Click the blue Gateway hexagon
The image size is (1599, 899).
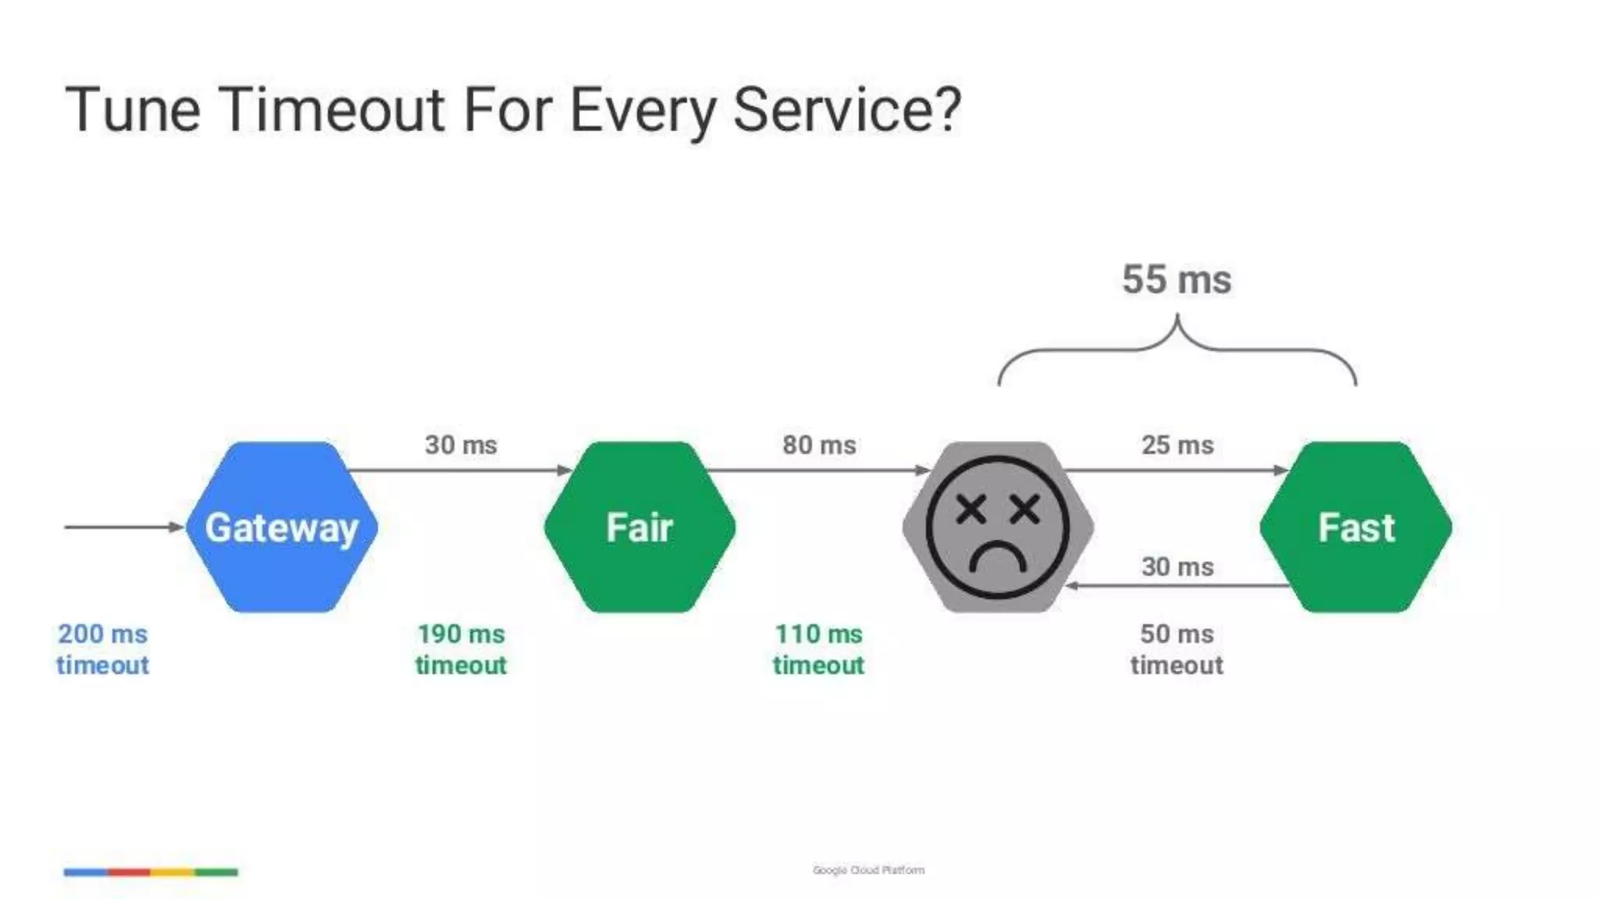click(x=281, y=528)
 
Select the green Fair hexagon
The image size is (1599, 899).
click(x=639, y=528)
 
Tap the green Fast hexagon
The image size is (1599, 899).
click(x=1355, y=528)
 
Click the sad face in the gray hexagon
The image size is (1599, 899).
click(x=997, y=528)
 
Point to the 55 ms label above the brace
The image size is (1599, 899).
click(x=1177, y=279)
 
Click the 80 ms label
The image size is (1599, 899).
click(x=819, y=445)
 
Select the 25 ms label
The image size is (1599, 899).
click(x=1177, y=445)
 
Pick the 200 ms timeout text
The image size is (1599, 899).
click(x=102, y=649)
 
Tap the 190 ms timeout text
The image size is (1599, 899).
click(x=461, y=649)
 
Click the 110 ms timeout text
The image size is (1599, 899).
click(x=818, y=649)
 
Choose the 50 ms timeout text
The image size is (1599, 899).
click(x=1177, y=649)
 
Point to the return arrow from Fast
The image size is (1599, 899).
click(x=1177, y=585)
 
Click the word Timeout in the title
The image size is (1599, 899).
click(x=333, y=109)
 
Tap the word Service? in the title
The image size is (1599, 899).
click(x=847, y=109)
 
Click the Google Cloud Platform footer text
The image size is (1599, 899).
click(x=868, y=870)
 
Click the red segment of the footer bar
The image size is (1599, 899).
click(x=129, y=872)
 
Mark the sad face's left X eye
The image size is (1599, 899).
click(x=970, y=510)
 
